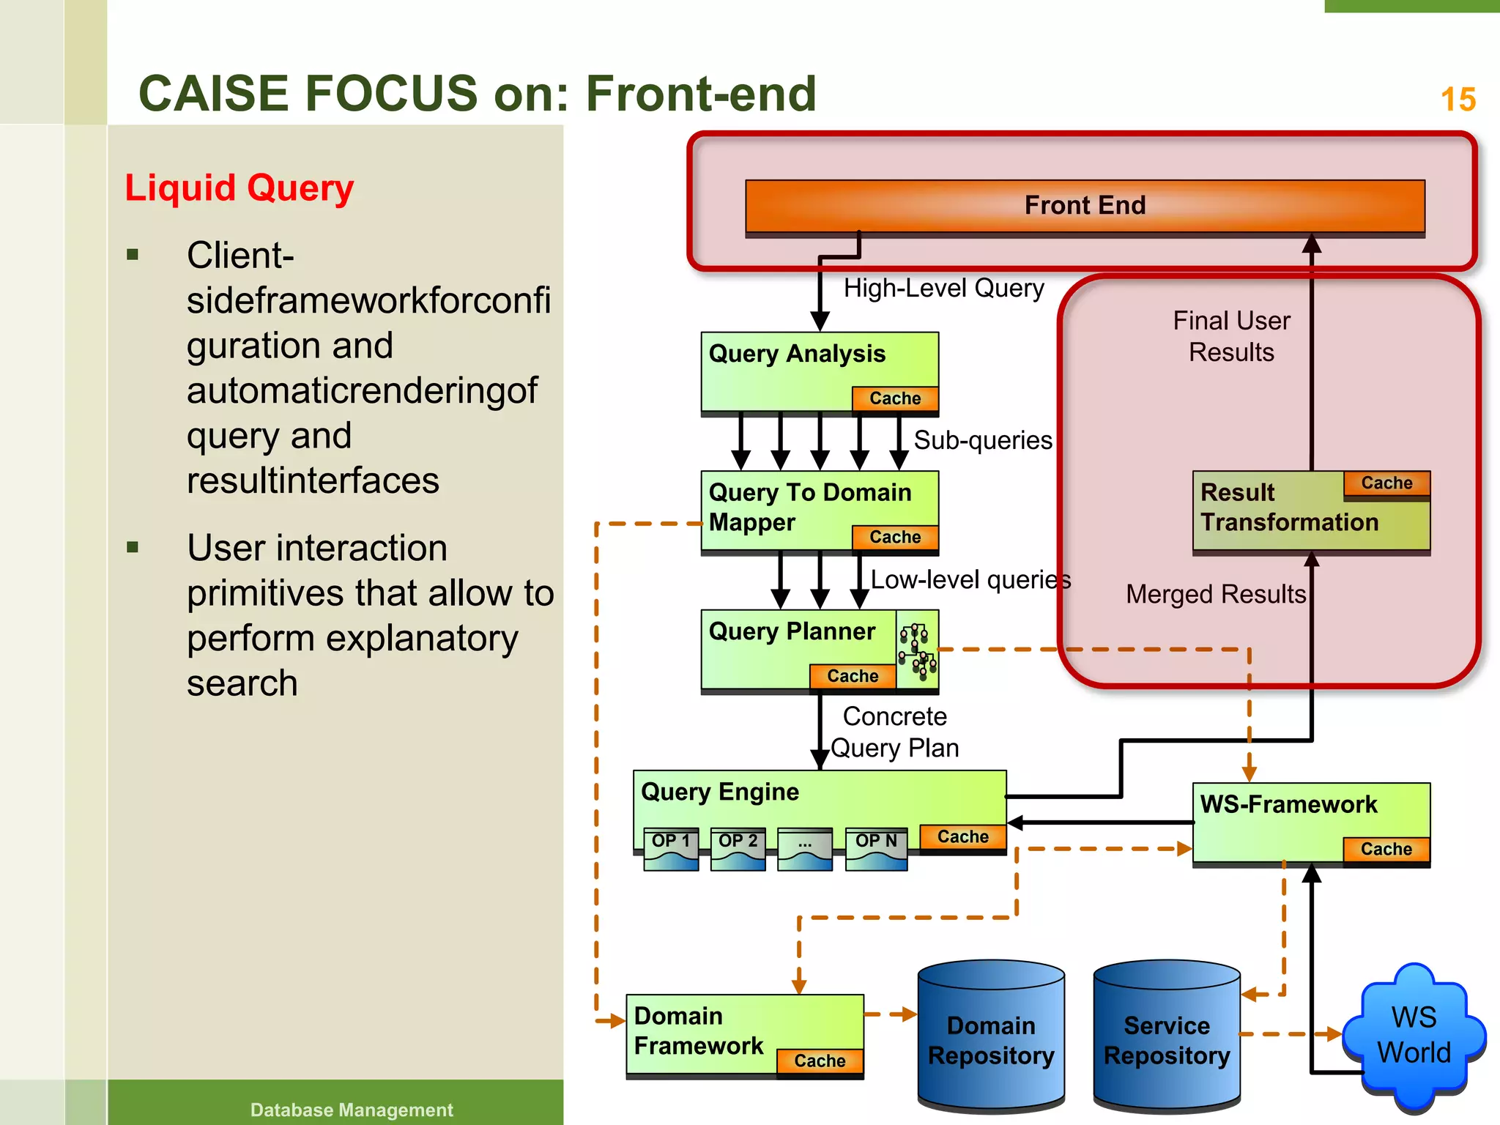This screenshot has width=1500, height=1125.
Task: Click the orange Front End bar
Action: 1085,206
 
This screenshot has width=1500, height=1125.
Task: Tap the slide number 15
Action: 1458,100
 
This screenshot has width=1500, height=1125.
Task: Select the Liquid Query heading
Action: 239,188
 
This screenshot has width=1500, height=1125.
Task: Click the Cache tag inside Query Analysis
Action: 895,398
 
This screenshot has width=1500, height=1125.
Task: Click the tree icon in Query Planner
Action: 917,649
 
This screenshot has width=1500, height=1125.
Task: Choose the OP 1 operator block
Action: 670,847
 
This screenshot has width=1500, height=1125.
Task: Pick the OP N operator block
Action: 876,847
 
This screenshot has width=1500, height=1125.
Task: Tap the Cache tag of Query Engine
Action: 962,837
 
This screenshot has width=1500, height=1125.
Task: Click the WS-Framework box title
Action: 1288,805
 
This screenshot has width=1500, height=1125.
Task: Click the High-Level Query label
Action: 943,289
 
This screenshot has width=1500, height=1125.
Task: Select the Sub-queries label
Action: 983,440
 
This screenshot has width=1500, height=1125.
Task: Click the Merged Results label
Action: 1216,594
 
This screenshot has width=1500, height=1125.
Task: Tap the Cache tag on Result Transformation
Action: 1386,483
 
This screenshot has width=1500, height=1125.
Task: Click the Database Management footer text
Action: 352,1110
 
